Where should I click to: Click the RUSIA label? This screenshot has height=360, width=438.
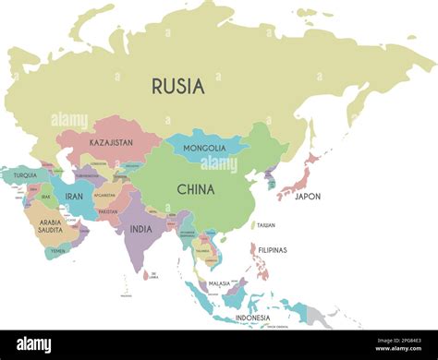coord(178,87)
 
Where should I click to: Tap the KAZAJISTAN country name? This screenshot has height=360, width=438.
coord(113,143)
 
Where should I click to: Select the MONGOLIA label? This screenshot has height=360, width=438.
coord(203,147)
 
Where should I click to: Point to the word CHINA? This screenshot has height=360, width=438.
coord(196,189)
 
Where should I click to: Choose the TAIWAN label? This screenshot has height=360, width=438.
coord(266,225)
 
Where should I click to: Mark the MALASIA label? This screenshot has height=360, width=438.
coord(219,283)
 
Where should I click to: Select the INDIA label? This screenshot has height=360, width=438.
coord(140,229)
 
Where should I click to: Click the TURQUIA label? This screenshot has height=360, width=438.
coord(25,175)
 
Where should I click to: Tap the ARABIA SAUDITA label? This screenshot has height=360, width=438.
coord(51,226)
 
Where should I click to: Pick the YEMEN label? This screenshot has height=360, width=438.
coord(58,250)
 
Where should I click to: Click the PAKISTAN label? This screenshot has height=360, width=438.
coord(108,212)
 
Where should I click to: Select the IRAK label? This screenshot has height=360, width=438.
coord(46,197)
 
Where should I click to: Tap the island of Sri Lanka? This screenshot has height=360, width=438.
coord(145,274)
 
